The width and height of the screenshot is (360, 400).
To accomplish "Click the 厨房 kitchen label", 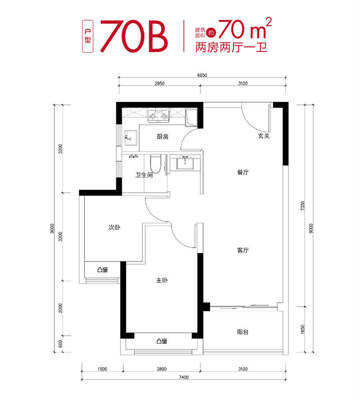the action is click(x=162, y=137).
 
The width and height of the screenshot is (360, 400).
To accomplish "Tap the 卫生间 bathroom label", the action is click(x=144, y=175).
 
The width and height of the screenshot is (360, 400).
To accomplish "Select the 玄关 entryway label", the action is click(x=264, y=136).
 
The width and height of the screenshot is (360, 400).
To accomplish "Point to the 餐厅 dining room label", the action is click(x=243, y=172).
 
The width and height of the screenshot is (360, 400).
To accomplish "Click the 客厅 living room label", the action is click(x=243, y=250).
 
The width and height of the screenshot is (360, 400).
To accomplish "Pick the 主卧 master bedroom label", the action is click(x=162, y=280).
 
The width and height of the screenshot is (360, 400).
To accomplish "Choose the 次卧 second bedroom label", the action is click(x=114, y=227).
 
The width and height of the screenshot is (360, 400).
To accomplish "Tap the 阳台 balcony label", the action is click(x=243, y=332).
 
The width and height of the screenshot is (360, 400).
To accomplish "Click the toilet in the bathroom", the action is click(x=155, y=164).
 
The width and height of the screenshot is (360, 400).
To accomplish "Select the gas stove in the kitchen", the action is click(x=158, y=115).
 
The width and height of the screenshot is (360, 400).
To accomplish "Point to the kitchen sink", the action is click(x=131, y=138).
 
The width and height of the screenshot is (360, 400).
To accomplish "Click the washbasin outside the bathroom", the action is click(x=185, y=162).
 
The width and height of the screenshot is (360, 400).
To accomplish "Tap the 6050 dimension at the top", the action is click(x=202, y=75).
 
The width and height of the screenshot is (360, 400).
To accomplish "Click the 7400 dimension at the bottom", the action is click(x=184, y=377).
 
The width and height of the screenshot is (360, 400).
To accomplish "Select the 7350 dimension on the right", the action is click(x=303, y=206).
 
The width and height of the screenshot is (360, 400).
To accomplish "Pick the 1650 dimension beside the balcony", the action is click(x=303, y=329).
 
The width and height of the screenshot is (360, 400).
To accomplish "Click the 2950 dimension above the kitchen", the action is click(x=160, y=84).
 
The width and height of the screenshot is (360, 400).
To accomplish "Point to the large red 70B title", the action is click(x=134, y=36).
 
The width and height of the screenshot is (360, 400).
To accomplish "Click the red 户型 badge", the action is click(x=88, y=36).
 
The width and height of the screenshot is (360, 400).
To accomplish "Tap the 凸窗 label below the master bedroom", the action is click(x=162, y=341).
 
